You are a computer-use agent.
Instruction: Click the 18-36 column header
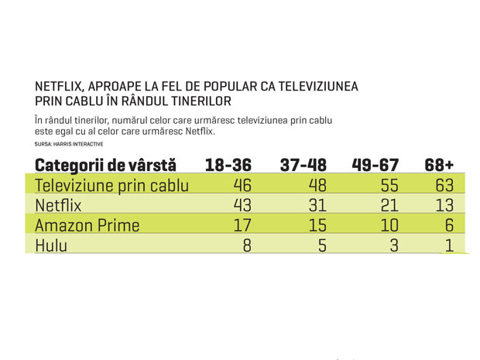[x=228, y=165]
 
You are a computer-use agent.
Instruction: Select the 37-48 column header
[x=303, y=165]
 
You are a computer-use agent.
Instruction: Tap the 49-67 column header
[x=375, y=165]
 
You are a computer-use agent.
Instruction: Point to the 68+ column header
[x=439, y=165]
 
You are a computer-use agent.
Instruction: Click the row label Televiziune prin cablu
[x=111, y=186]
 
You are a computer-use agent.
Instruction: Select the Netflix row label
[x=58, y=205]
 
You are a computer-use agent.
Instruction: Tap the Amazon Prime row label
[x=87, y=225]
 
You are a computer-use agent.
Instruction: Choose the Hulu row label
[x=51, y=245]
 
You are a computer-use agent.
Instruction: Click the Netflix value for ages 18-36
[x=242, y=205]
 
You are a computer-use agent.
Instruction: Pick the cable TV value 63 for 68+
[x=444, y=185]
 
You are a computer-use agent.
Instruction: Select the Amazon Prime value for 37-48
[x=317, y=225]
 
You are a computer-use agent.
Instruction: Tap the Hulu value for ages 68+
[x=449, y=245]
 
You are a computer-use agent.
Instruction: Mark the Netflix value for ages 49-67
[x=389, y=205]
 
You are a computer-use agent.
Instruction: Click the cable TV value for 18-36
[x=242, y=185]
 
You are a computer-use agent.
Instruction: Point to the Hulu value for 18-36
[x=247, y=245]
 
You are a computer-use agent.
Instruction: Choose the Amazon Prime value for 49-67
[x=389, y=225]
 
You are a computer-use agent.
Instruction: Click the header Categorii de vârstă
[x=105, y=166]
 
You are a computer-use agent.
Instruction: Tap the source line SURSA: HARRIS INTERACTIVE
[x=69, y=144]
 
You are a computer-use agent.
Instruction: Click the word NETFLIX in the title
[x=59, y=87]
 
